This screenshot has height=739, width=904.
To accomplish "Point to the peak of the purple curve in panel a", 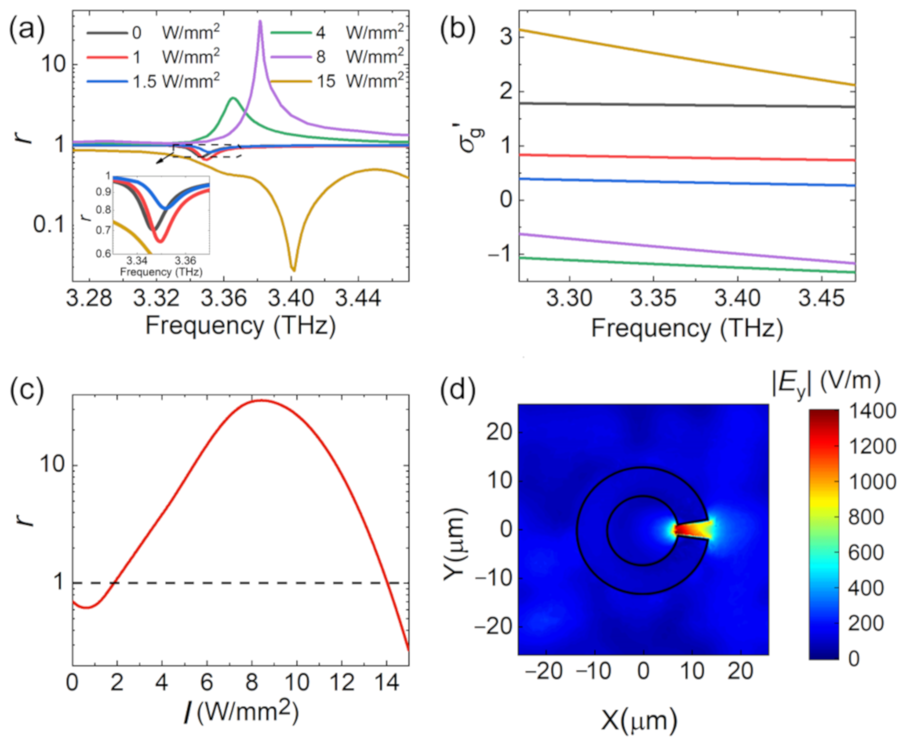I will (260, 21).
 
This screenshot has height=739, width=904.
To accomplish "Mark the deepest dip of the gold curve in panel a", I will (293, 269).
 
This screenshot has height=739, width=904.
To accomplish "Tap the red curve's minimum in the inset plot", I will (160, 241).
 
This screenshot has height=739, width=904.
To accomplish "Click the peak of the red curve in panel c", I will (261, 400).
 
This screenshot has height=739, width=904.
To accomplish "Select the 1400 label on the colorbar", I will (872, 411).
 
